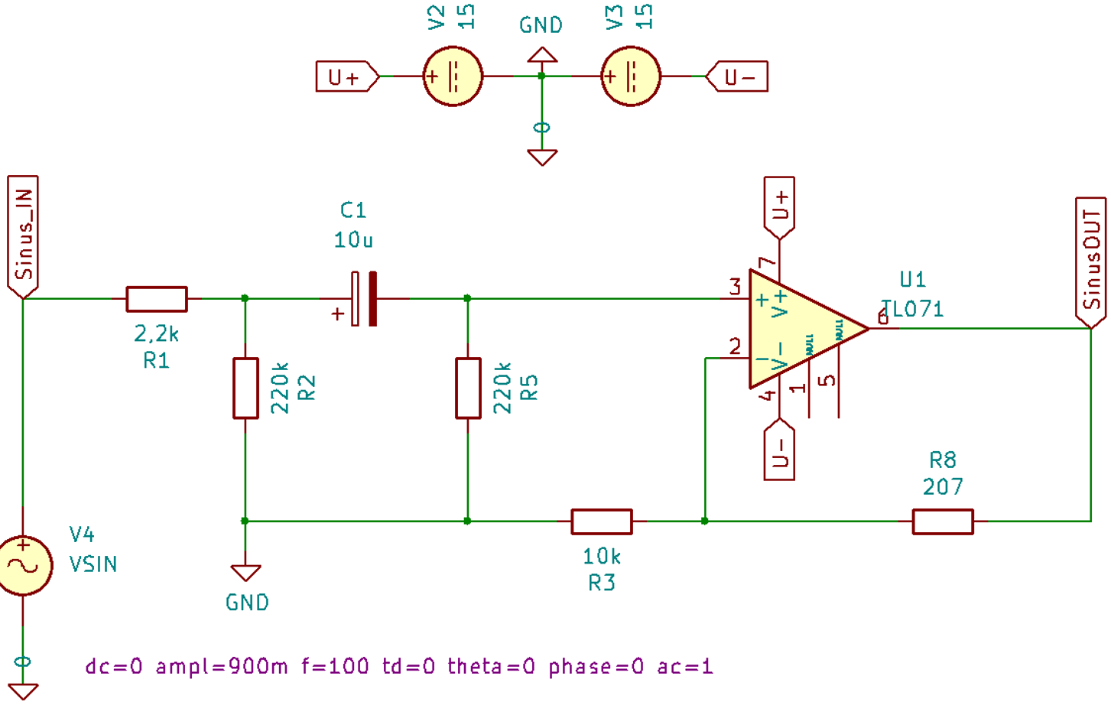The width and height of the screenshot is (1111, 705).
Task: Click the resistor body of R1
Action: point(157,299)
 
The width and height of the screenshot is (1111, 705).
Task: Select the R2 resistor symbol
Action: point(245,388)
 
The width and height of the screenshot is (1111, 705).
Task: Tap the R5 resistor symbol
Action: point(468,388)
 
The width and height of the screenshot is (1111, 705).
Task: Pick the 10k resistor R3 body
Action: point(602,521)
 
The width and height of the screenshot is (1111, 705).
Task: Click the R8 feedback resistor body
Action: point(943,521)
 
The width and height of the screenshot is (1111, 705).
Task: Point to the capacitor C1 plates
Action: point(363,298)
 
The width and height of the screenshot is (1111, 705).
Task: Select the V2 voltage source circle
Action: point(453,76)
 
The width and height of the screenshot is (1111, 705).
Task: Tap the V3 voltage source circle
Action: point(630,76)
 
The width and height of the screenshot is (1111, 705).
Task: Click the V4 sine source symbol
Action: point(23,566)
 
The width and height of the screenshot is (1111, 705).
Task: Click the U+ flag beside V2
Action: point(346,76)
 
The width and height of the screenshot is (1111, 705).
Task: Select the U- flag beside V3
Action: point(737,76)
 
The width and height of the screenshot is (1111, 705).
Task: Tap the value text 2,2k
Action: point(156,334)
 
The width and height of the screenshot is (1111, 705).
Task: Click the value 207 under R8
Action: point(943,486)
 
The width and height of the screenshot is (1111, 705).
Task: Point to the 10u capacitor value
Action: point(353,239)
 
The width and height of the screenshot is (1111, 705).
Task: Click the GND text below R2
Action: point(248,603)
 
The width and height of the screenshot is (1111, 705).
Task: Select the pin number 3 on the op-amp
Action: point(736,288)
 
